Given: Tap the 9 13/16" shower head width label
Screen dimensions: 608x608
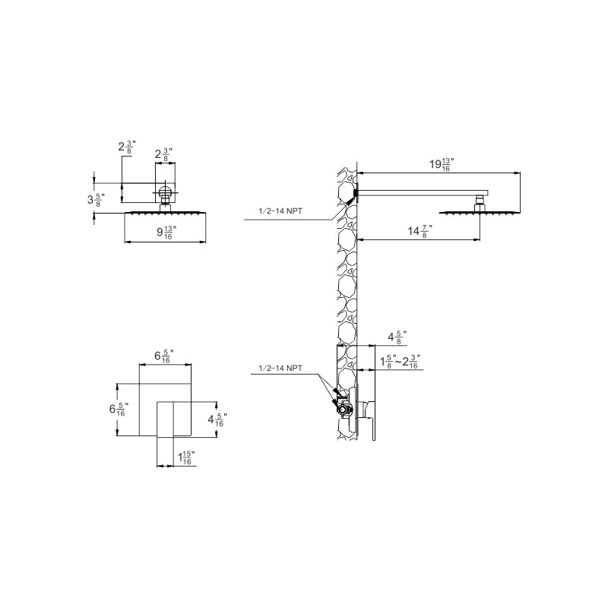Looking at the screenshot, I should click(x=166, y=233).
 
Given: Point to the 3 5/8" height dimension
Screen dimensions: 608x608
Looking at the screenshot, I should click(x=96, y=200).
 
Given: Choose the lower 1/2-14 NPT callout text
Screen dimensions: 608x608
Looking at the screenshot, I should click(x=280, y=368).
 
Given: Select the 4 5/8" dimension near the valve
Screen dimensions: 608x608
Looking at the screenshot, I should click(x=397, y=335).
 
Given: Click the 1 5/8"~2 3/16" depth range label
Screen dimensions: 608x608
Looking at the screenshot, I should click(x=400, y=362).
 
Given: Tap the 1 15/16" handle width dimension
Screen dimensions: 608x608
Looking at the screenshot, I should click(x=186, y=458).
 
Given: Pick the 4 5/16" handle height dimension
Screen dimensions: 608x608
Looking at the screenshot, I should click(x=217, y=418).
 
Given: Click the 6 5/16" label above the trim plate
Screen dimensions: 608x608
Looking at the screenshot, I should click(x=164, y=355).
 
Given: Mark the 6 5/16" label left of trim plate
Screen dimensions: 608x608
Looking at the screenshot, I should click(x=119, y=409).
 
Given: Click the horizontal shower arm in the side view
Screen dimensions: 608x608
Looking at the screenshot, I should click(x=422, y=192).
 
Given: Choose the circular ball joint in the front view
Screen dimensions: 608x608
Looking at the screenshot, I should click(x=166, y=193).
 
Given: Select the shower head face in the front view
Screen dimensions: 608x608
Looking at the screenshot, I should click(x=166, y=214).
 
